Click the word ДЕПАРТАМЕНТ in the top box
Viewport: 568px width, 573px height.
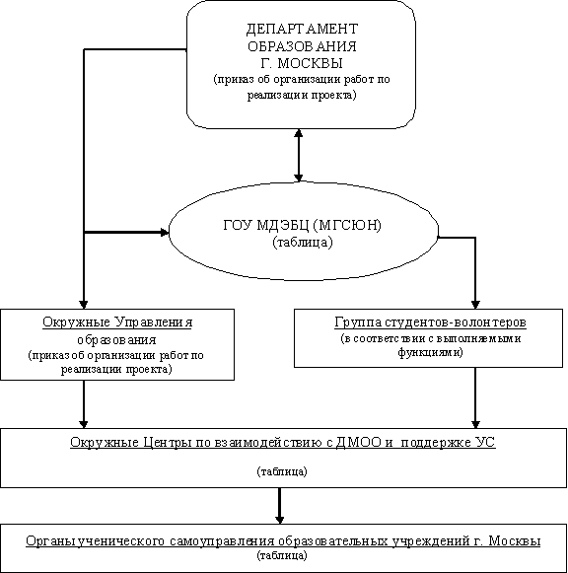(x=302, y=29)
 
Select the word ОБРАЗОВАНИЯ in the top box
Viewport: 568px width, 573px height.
(x=302, y=46)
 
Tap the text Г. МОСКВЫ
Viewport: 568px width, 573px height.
(x=302, y=63)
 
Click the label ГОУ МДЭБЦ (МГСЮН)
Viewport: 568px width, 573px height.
(x=302, y=225)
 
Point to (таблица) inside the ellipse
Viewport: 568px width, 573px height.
(x=303, y=243)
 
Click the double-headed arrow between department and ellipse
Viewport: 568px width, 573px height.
(x=299, y=155)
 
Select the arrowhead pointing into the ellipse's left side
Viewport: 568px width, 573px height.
(x=165, y=232)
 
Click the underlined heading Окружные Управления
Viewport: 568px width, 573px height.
(x=117, y=322)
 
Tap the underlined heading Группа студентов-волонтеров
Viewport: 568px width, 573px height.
(x=431, y=322)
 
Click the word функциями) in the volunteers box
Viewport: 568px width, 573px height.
(x=431, y=353)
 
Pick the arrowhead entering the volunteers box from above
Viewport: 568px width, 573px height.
(x=475, y=305)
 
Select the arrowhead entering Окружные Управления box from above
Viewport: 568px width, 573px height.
(x=84, y=305)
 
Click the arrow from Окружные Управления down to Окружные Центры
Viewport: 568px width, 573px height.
(x=84, y=404)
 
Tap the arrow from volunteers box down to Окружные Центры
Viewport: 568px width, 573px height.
(x=475, y=398)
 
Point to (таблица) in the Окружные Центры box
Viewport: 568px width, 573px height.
(x=282, y=471)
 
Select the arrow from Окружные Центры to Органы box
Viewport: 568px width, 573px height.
(x=279, y=506)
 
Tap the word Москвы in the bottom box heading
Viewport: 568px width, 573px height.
(x=515, y=540)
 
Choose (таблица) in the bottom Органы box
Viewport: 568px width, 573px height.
(x=282, y=556)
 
